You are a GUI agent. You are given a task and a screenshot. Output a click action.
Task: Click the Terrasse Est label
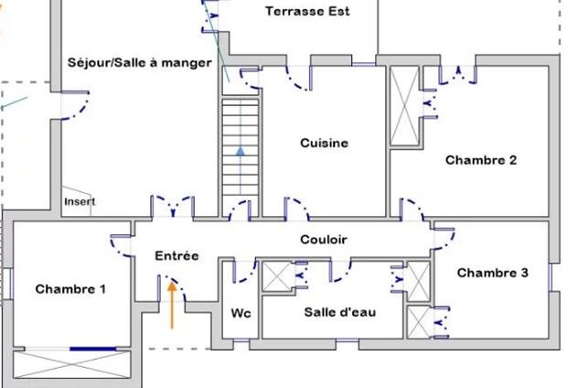coord(307,12)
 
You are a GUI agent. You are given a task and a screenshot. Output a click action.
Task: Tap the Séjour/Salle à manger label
coord(140,62)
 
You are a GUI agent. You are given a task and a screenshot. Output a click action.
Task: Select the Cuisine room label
coord(324,144)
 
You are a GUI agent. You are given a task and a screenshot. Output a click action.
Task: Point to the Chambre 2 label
coord(481,160)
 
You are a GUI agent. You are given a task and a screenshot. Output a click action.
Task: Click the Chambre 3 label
coord(492,273)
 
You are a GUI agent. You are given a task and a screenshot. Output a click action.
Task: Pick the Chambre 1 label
coord(70,289)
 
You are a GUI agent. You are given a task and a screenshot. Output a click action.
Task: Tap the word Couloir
coord(323,240)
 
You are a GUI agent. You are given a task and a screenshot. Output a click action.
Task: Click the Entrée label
coord(177,257)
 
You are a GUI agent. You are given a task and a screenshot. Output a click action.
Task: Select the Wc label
coord(241,313)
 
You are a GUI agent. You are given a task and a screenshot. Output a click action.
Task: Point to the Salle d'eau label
coord(339,312)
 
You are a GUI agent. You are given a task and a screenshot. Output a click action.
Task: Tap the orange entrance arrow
coord(170,304)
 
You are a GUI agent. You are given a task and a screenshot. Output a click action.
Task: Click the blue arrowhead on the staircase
coord(241,152)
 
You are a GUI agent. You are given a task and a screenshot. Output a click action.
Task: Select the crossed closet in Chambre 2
coord(403,106)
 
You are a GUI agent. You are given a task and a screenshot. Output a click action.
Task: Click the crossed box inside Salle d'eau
coord(275,276)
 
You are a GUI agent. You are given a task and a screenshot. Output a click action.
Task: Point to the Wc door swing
coord(243,271)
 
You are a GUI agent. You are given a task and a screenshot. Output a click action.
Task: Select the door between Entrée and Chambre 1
coord(122,245)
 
